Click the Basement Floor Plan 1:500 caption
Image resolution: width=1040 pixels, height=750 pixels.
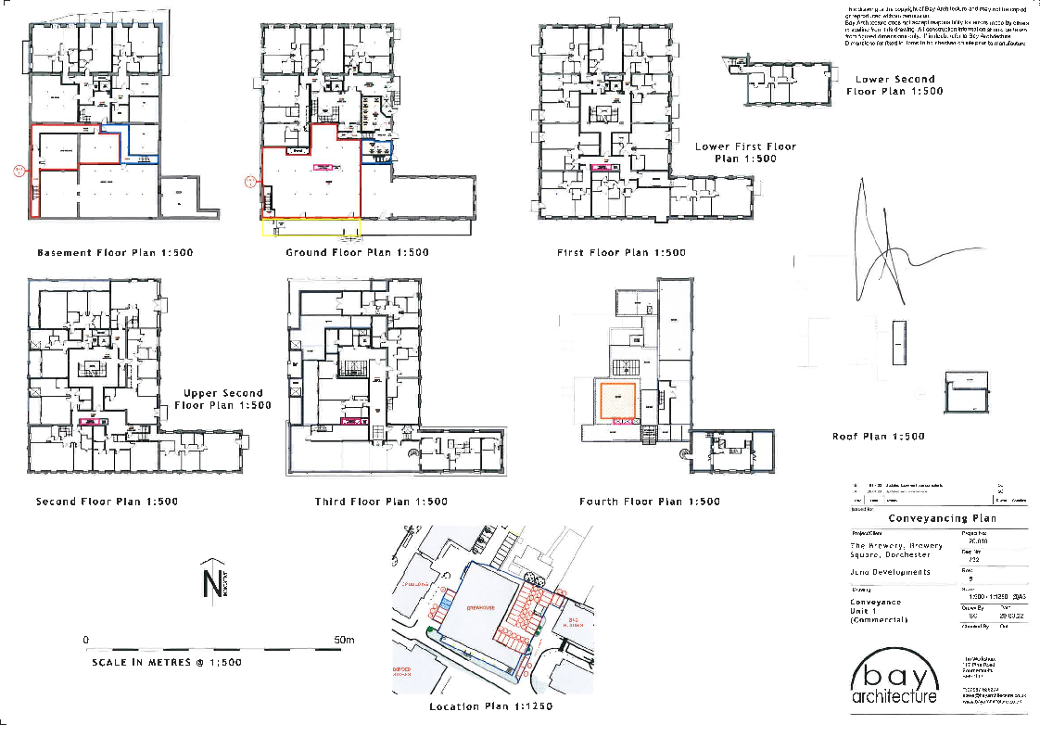pos(115,252)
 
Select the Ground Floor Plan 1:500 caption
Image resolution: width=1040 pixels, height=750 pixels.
pos(357,252)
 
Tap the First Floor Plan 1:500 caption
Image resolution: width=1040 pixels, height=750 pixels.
pos(621,252)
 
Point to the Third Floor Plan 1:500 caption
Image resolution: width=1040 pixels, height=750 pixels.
pos(380,502)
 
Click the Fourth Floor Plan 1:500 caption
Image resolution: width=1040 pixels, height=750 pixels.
pos(649,502)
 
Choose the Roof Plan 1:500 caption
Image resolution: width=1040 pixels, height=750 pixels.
pos(878,436)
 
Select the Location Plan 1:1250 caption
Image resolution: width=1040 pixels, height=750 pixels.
pos(490,706)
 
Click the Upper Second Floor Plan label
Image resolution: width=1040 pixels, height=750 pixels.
pos(222,400)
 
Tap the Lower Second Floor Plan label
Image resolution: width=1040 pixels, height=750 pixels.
pos(894,85)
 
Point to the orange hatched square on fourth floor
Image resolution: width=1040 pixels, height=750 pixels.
pos(615,400)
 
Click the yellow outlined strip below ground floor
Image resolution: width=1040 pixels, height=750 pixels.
pos(311,227)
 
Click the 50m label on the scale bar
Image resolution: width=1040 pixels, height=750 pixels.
pos(345,641)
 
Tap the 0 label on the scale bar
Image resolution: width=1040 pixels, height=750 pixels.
pos(85,641)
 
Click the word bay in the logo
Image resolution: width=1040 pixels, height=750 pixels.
pos(894,671)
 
